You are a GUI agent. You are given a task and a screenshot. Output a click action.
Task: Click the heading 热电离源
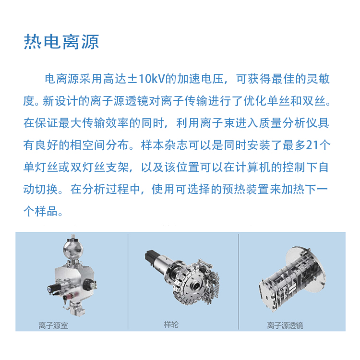[61, 42]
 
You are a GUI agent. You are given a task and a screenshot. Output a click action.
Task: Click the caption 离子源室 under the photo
[53, 325]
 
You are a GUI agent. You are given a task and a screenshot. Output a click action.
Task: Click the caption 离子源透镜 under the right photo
[285, 325]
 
